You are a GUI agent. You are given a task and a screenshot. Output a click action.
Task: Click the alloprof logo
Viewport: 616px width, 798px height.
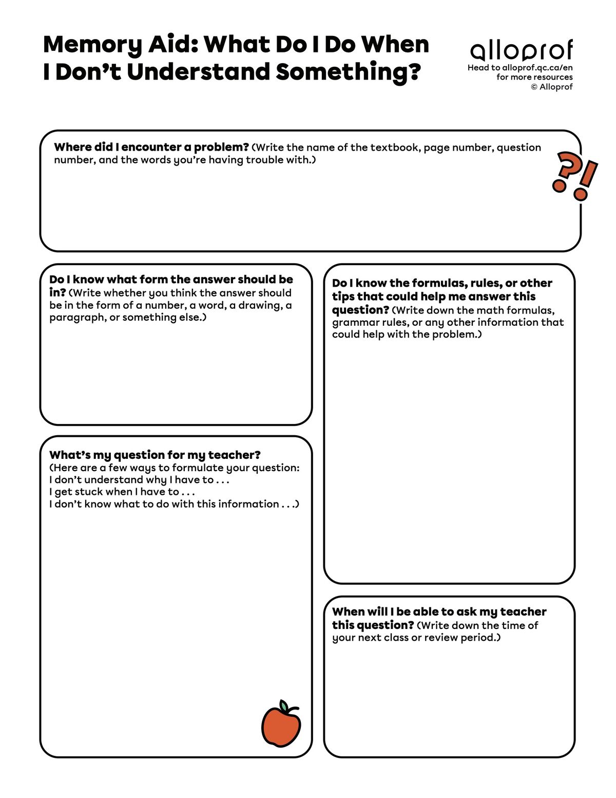pos(521,51)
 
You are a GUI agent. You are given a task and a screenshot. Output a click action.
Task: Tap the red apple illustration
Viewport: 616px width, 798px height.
pos(281,726)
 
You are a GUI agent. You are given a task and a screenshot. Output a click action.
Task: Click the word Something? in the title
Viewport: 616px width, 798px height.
pos(348,72)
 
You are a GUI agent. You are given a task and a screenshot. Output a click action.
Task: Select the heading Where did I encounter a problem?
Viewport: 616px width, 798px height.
pos(151,147)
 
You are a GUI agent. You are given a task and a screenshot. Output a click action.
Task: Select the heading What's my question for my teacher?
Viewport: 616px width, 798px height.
pos(155,455)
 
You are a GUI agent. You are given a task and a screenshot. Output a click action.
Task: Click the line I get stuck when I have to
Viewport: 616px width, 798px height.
pos(122,492)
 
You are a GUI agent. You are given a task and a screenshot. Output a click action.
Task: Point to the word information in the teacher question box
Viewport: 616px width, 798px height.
pos(248,504)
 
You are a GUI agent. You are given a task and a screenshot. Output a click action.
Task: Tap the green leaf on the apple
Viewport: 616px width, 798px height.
pos(283,706)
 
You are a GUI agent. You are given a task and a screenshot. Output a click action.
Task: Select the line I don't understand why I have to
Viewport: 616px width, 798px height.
pos(139,480)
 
